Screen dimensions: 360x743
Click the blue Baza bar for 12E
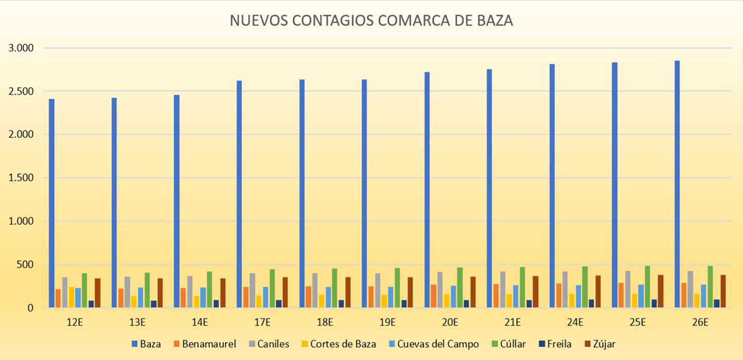pyautogui.click(x=51, y=203)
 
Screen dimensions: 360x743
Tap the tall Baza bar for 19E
pyautogui.click(x=364, y=193)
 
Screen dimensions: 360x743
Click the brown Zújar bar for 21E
pyautogui.click(x=536, y=292)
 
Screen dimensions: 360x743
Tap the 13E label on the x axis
pyautogui.click(x=137, y=323)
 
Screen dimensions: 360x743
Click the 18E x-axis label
pyautogui.click(x=325, y=323)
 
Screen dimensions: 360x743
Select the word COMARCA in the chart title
pyautogui.click(x=410, y=21)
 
